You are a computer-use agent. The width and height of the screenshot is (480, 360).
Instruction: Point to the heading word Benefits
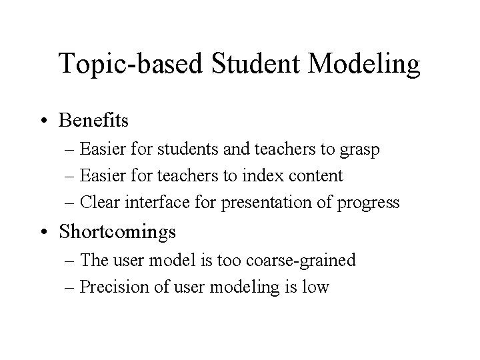(x=93, y=121)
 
